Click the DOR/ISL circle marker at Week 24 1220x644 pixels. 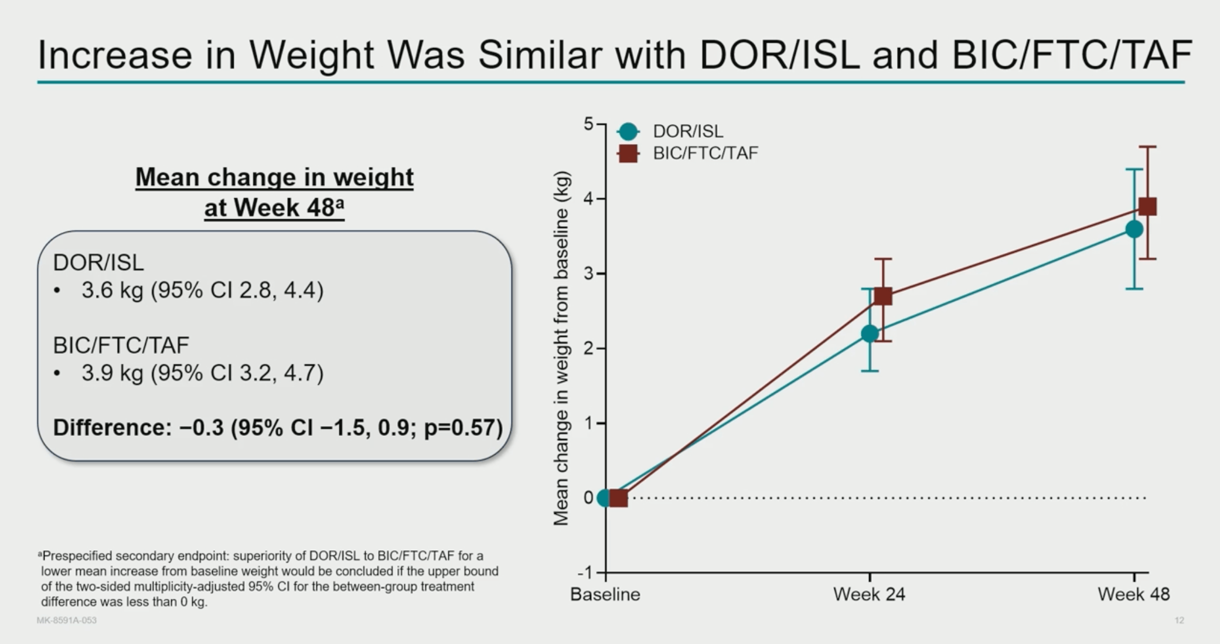click(870, 333)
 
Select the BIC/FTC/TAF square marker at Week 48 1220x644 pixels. click(1147, 206)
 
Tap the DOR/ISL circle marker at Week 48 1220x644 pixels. click(1134, 229)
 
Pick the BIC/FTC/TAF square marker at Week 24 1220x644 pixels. click(883, 297)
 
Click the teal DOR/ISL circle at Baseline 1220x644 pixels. click(604, 498)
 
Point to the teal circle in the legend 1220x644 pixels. click(628, 131)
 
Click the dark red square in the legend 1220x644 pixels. click(628, 154)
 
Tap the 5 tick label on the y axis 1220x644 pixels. click(588, 124)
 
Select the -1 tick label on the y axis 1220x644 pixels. click(585, 573)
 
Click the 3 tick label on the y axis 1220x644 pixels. click(588, 274)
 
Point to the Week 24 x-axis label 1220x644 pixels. click(869, 594)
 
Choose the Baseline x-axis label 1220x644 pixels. click(605, 594)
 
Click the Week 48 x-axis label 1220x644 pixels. click(1133, 594)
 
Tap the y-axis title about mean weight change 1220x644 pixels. click(561, 348)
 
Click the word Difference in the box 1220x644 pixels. click(110, 428)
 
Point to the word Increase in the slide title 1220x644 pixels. click(115, 55)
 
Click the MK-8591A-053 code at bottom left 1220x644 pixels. click(67, 620)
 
